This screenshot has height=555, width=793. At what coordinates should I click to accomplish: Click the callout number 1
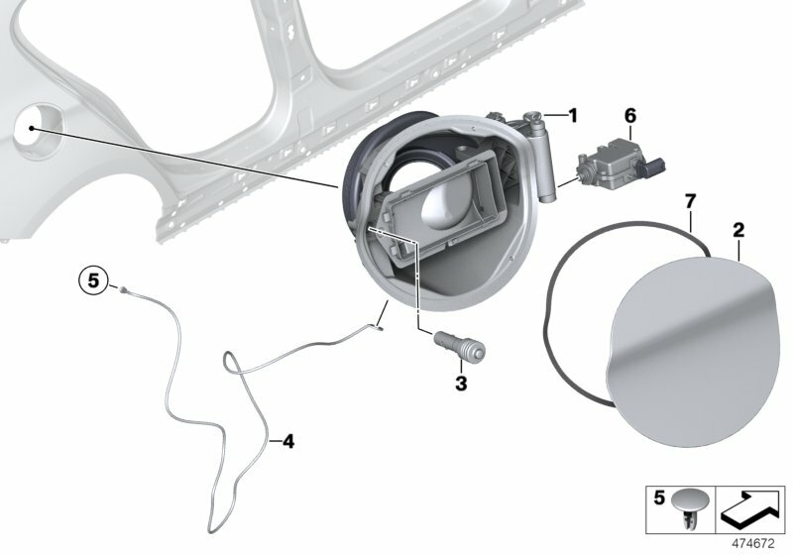pos(571,116)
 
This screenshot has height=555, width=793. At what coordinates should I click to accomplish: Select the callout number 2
pos(737,231)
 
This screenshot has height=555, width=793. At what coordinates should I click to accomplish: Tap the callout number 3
pos(461,382)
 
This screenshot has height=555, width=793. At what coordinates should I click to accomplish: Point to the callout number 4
pos(288,441)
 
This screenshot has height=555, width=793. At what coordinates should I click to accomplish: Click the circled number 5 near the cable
pos(92,281)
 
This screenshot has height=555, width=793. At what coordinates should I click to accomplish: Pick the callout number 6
pos(629,116)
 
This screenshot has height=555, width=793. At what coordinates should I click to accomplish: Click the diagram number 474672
pos(756,543)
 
